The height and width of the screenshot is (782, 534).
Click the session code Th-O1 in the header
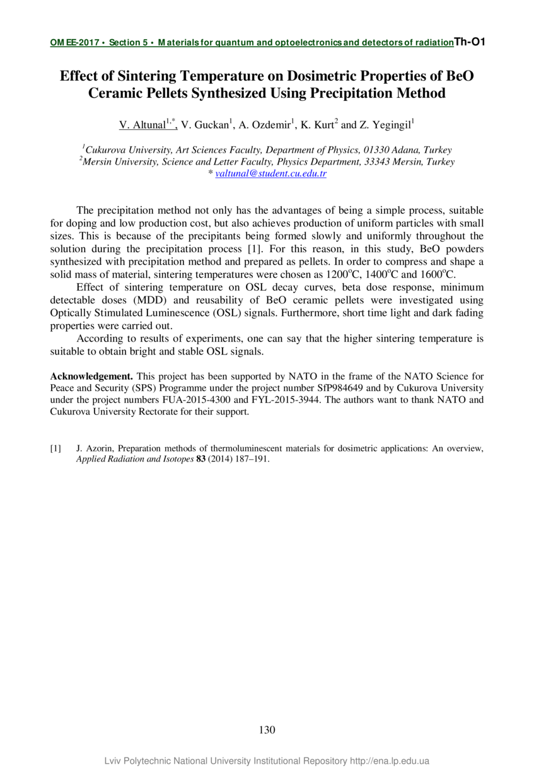(x=469, y=42)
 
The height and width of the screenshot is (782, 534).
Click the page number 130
(x=267, y=730)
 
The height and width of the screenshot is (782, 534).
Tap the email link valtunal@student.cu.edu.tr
(x=270, y=173)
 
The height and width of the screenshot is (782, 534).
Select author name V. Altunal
(x=142, y=125)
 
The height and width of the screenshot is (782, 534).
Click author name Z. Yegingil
(x=385, y=125)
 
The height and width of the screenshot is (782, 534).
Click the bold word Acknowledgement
(x=91, y=376)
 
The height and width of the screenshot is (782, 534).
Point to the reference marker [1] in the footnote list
(x=55, y=448)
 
